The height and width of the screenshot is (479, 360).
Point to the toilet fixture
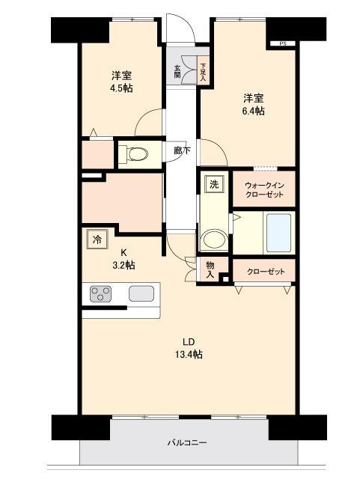135,154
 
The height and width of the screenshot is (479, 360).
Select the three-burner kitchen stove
100,294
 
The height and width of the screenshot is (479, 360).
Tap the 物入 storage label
210,269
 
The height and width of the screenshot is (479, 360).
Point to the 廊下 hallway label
181,150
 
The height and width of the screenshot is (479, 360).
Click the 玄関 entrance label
177,71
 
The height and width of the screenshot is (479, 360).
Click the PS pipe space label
283,44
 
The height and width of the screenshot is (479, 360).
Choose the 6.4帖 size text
253,111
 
